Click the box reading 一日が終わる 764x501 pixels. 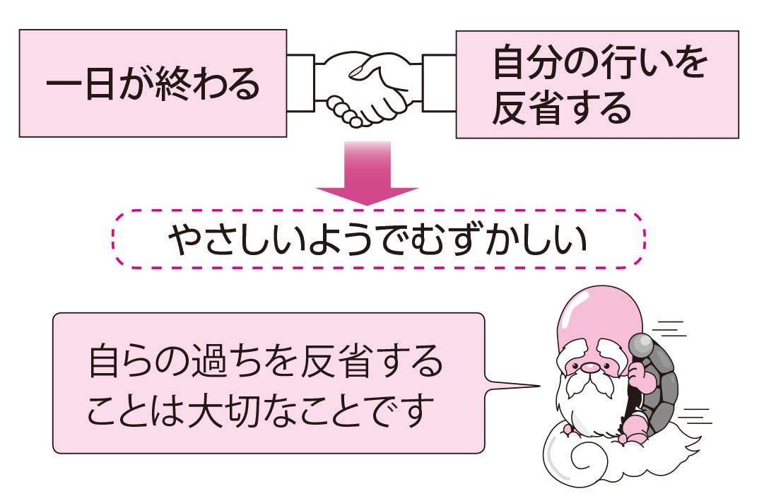point(153,83)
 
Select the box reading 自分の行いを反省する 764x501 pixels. point(597,84)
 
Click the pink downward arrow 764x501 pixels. point(367,173)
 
